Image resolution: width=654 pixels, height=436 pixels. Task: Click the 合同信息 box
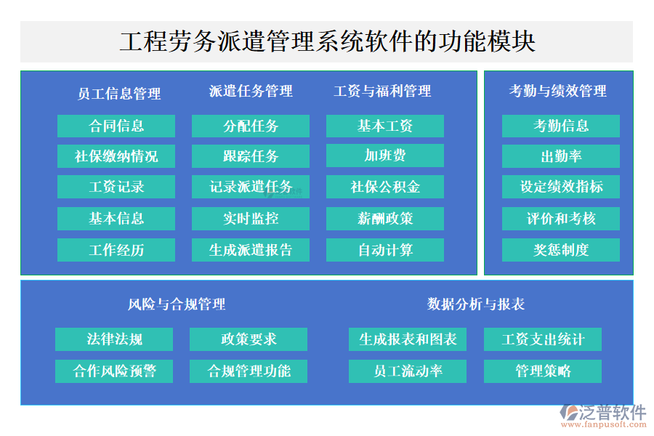[x=116, y=126]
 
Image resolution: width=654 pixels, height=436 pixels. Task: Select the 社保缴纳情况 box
[x=116, y=156]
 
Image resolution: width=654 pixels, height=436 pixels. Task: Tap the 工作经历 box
[x=116, y=250]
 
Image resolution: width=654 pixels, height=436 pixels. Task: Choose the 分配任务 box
[x=251, y=126]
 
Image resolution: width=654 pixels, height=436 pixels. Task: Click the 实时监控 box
[x=251, y=218]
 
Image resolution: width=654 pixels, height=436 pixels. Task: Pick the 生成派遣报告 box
[x=251, y=250]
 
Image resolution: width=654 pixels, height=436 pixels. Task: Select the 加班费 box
[x=385, y=156]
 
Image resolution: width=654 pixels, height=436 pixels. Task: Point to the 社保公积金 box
[x=385, y=187]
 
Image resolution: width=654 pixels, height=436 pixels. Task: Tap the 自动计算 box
[x=385, y=250]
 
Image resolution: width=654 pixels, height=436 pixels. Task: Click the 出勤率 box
[x=561, y=156]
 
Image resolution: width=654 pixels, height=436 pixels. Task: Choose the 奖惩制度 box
[x=561, y=250]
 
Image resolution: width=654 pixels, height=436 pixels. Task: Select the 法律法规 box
[x=114, y=339]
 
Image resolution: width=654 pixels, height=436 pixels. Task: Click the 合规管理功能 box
[x=249, y=371]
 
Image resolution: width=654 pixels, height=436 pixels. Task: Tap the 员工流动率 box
[x=408, y=371]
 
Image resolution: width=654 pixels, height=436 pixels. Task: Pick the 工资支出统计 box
[x=543, y=339]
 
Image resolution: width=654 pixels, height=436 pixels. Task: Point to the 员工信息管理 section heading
[x=119, y=93]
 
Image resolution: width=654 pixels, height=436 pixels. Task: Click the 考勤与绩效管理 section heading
[x=557, y=91]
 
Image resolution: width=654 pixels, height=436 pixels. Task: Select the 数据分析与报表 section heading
[x=476, y=304]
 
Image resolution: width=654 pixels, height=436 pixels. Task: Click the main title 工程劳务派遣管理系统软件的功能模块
[x=327, y=41]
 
